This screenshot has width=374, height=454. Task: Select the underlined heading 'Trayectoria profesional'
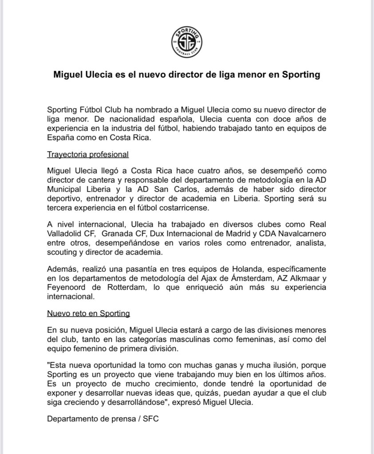point(87,155)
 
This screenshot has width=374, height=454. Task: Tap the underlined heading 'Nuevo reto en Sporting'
point(88,313)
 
